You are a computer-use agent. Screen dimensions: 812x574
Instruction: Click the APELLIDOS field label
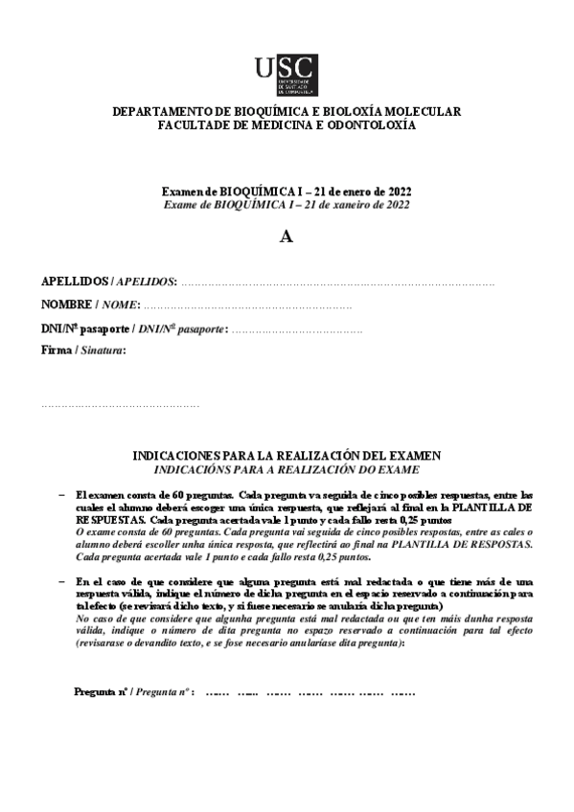pos(75,282)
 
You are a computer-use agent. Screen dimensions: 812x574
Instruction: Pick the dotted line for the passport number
pos(297,329)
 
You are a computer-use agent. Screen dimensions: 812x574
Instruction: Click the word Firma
pos(56,351)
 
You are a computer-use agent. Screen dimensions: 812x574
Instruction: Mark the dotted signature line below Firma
pos(120,406)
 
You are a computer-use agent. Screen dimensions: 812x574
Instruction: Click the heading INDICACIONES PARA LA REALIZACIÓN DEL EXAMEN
pos(286,456)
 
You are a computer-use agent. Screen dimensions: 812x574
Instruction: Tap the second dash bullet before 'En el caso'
pos(62,581)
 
